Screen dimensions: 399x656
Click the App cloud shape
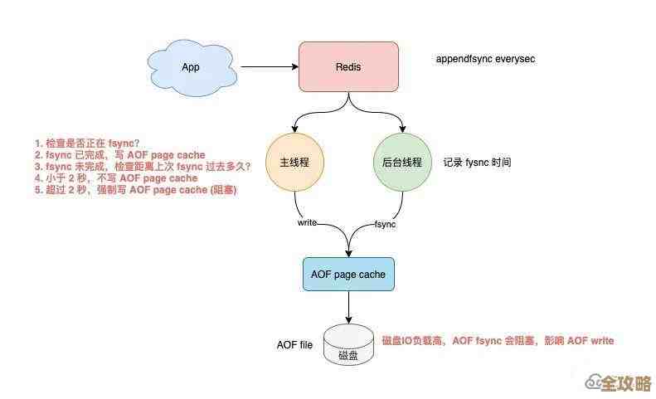[191, 66]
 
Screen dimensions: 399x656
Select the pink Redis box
[348, 66]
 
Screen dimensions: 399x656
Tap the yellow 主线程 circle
[294, 163]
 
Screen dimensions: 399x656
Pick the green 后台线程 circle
[402, 163]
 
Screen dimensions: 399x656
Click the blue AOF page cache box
[348, 274]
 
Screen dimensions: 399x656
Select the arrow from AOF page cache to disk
[348, 307]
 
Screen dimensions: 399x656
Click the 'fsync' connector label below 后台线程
[386, 225]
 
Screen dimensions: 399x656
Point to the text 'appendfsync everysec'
[485, 60]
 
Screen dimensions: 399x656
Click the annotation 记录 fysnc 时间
[477, 163]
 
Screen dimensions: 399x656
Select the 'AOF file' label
[294, 345]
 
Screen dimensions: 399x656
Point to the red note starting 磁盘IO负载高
[498, 341]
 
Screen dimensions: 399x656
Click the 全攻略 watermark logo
[618, 383]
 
